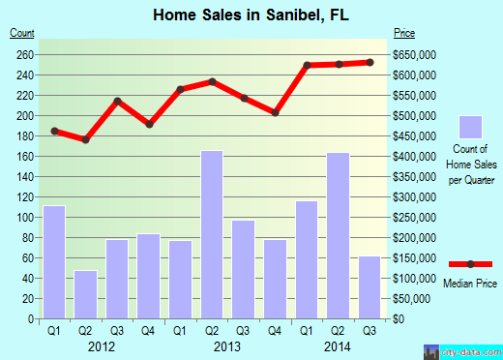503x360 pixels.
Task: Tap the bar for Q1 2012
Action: [x=54, y=262]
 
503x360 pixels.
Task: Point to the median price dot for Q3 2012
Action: [x=117, y=101]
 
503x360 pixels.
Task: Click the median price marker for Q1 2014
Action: [x=307, y=65]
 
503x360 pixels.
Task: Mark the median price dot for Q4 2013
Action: [x=276, y=112]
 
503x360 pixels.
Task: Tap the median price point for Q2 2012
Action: [x=86, y=139]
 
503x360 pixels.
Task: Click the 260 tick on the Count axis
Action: [x=24, y=54]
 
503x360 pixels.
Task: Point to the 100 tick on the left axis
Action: [x=24, y=217]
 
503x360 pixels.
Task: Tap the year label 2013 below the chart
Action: [x=227, y=345]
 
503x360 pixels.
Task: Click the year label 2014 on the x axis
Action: [x=338, y=345]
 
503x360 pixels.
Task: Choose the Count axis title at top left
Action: [x=22, y=34]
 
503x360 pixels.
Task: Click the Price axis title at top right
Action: [x=404, y=34]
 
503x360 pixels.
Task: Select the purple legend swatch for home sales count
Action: [x=470, y=128]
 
